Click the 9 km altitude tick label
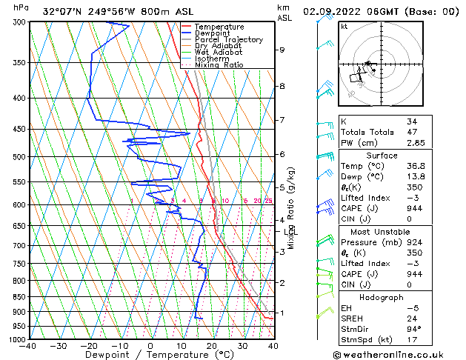tap(282, 50)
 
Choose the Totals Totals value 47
tap(412, 132)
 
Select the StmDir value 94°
tap(413, 329)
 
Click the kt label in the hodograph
tap(344, 26)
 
